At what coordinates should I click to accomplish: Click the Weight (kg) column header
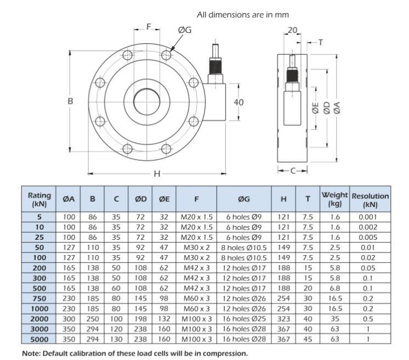(335, 199)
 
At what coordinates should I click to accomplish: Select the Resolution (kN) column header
(370, 199)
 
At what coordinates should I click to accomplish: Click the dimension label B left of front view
(70, 102)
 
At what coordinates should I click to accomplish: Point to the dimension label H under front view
(156, 174)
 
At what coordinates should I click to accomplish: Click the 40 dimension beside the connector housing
(238, 102)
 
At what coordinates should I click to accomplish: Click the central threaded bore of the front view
(146, 102)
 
